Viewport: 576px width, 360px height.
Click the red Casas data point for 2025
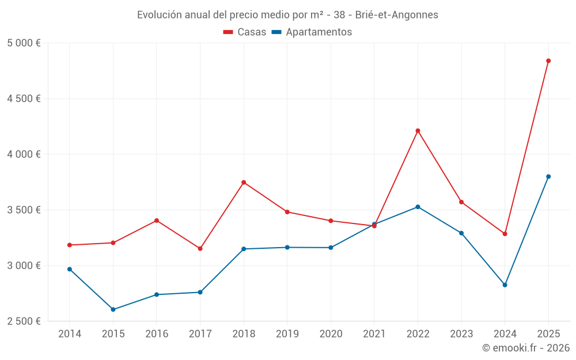tap(548, 60)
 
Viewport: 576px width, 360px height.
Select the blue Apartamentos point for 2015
tap(113, 309)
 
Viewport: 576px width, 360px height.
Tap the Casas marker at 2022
tap(418, 131)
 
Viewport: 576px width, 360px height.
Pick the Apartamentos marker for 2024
tap(505, 285)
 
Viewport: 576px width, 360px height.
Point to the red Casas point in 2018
tap(244, 183)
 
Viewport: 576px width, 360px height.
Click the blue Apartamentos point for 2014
tap(70, 269)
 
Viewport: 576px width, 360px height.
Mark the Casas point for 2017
tap(200, 248)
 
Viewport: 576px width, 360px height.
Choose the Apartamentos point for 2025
tap(548, 176)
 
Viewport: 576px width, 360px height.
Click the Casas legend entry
tap(245, 32)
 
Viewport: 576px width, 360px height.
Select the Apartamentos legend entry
tap(312, 32)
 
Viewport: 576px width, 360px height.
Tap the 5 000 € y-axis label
tap(24, 43)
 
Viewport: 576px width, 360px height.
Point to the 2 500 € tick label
tap(24, 321)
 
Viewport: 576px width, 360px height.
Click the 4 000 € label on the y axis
tap(24, 154)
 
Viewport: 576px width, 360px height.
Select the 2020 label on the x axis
tap(331, 334)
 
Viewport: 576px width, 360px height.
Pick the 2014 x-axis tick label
tap(70, 334)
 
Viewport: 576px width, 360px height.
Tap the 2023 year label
tap(461, 334)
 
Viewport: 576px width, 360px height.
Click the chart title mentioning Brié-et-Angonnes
tap(287, 15)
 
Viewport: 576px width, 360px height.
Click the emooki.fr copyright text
tap(525, 348)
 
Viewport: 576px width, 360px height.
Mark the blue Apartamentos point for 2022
tap(418, 207)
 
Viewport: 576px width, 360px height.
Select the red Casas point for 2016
tap(157, 221)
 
